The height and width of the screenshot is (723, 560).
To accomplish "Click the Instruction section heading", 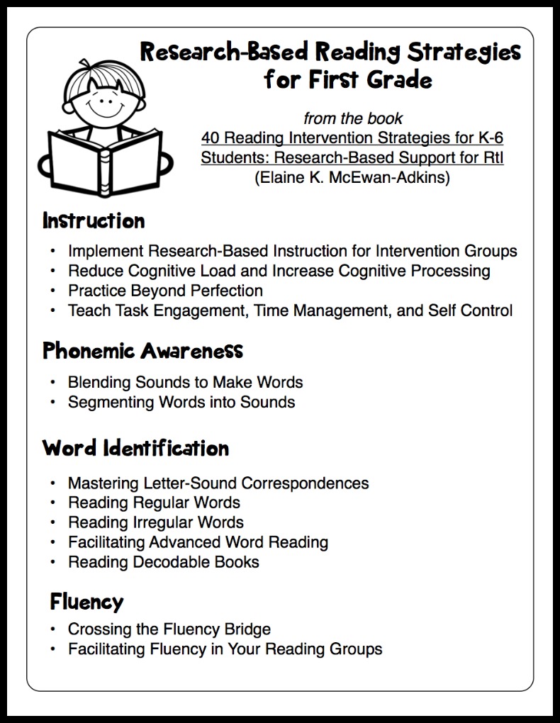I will point(94,220).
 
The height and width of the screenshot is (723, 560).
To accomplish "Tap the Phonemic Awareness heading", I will point(142,350).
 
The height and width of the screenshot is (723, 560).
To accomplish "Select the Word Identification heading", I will point(135,448).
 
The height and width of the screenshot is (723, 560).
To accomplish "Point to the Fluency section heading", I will point(86,602).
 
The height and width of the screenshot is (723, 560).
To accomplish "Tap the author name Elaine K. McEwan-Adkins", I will point(352,177).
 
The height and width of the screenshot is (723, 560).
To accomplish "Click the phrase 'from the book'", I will point(352,118).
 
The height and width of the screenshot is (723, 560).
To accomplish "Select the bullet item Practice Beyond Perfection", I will point(165,291).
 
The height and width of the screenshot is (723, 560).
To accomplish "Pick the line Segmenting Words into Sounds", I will point(181,402).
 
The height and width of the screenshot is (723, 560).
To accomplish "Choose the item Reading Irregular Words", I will point(155,522).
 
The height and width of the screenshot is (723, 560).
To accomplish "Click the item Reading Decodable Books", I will point(163,562).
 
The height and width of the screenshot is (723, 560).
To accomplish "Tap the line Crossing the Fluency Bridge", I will point(169,629).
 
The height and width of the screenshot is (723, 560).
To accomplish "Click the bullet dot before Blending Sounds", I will point(52,383).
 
